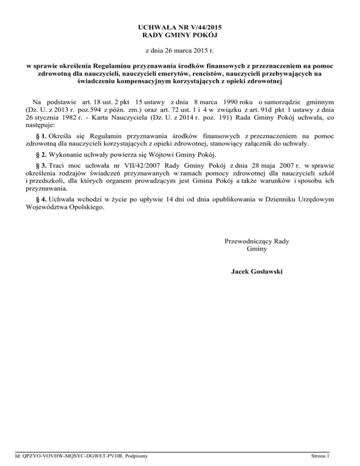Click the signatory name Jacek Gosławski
256,271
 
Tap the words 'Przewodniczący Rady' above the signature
256,241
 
